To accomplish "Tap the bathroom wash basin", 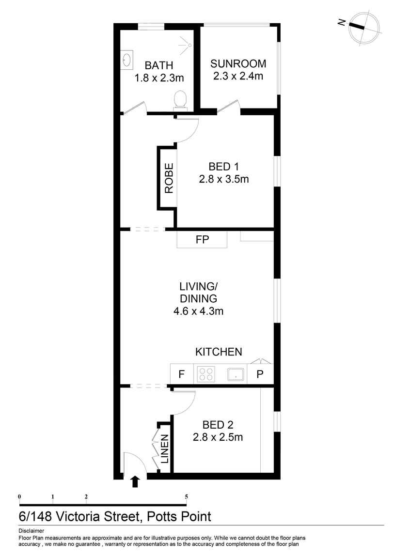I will [x=127, y=60].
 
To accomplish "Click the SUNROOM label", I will [x=238, y=63].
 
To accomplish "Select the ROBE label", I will [x=169, y=178].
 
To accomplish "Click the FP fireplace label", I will [x=202, y=239].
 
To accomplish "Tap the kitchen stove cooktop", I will [x=205, y=374].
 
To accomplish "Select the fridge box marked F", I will [x=182, y=374].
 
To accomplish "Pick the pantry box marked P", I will [x=260, y=374].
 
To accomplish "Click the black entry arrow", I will [x=135, y=481].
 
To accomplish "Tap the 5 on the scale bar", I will [x=186, y=496].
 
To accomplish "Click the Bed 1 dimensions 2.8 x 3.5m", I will [x=223, y=179].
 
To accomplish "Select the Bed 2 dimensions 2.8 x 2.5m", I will [x=218, y=437].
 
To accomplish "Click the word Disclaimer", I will [x=31, y=531].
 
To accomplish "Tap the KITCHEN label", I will [x=219, y=352].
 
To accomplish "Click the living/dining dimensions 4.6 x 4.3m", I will [x=198, y=311].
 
